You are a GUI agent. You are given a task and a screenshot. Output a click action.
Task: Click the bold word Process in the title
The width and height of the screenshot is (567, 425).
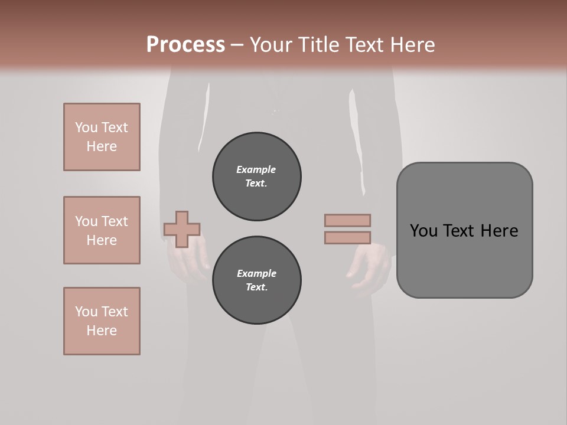pos(185,45)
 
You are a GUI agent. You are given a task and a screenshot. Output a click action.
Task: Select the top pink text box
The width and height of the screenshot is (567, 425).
pos(102,137)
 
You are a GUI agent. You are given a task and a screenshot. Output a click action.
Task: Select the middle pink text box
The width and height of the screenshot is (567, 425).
pos(102,230)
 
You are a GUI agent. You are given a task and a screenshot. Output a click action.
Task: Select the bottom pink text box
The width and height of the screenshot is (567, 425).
pos(102,321)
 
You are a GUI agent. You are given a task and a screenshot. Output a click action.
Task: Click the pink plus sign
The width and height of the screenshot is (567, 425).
pos(182,229)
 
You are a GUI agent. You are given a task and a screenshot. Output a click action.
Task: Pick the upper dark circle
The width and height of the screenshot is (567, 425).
pos(257,176)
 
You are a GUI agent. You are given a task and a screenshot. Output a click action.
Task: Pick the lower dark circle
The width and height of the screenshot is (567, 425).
pos(257,280)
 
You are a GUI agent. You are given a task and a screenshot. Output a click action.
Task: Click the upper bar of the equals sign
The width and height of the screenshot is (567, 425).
pos(347,220)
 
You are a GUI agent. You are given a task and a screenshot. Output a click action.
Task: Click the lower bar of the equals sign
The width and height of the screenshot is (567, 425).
pos(347,238)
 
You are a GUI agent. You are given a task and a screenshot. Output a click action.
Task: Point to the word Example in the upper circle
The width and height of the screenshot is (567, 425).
pos(256,169)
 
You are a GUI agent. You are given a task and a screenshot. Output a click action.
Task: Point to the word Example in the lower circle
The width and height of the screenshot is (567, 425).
pos(256,273)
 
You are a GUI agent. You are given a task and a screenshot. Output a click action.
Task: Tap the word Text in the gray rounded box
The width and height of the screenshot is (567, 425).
pos(458,231)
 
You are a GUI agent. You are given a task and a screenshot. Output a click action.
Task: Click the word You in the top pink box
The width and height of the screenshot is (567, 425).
pos(86,127)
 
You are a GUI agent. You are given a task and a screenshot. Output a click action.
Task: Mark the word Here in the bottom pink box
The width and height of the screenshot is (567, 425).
pos(102,331)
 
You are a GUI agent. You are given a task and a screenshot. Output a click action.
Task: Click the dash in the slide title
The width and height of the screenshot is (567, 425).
pos(237,45)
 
